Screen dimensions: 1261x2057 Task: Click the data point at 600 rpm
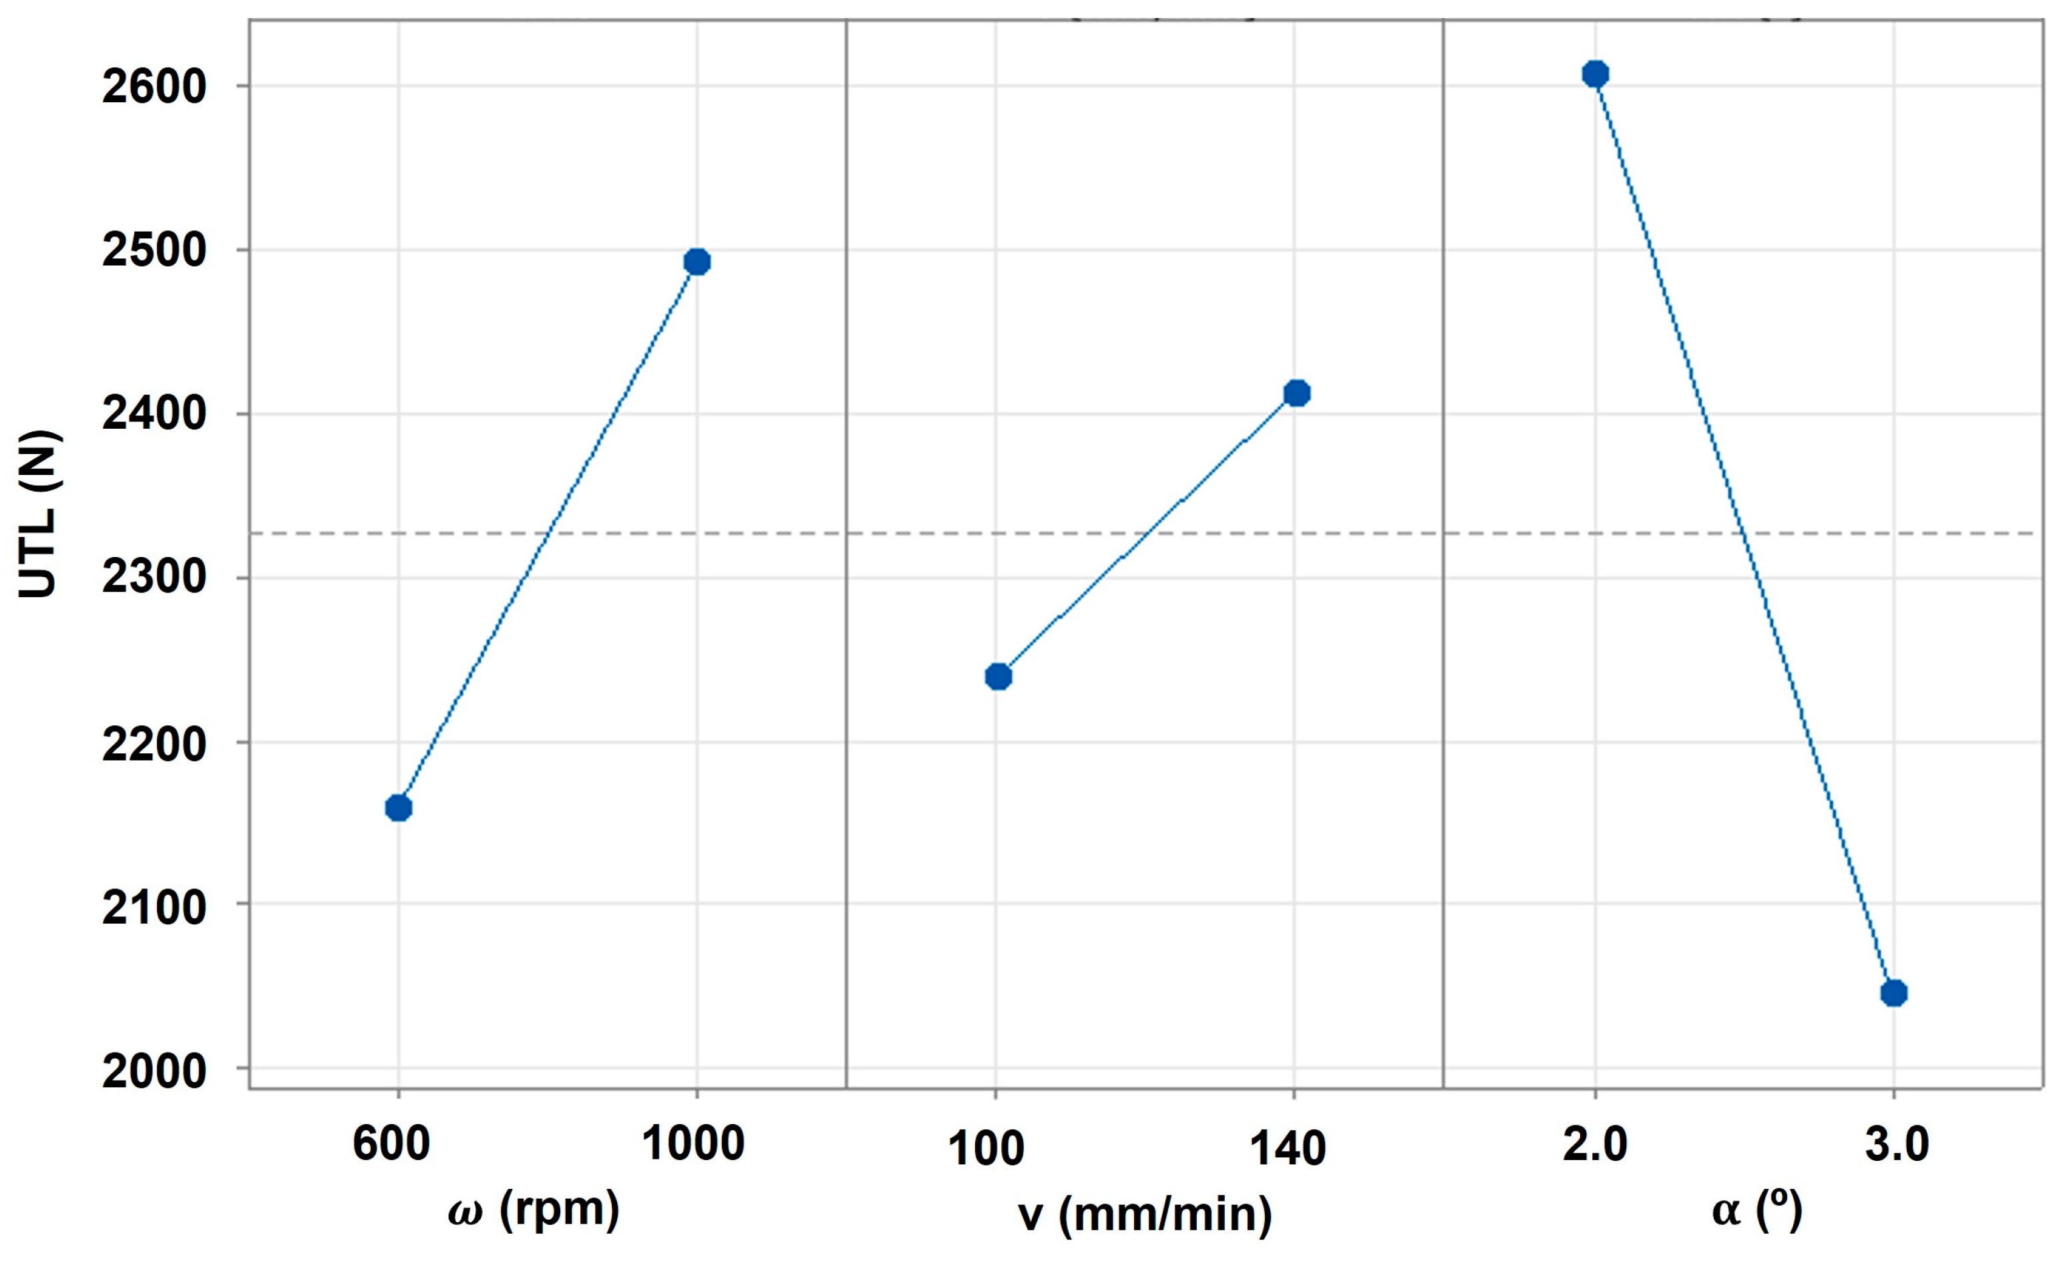(x=398, y=807)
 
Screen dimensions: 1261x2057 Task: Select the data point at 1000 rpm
(x=696, y=261)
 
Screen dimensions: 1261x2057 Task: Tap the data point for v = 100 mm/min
(x=998, y=676)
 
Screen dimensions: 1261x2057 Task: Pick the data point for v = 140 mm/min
(x=1296, y=393)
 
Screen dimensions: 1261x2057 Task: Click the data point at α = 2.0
(x=1595, y=73)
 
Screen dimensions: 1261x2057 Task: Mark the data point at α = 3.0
(x=1893, y=993)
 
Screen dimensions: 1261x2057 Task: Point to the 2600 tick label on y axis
(x=154, y=86)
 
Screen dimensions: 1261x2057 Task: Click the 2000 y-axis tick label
(x=154, y=1070)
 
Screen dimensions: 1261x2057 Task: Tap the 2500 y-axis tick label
(x=154, y=250)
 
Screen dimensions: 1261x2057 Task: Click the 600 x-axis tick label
(x=391, y=1143)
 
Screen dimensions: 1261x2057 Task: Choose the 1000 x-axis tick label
(x=692, y=1143)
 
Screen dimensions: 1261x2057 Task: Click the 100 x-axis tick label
(x=986, y=1148)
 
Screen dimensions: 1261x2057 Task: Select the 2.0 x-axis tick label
(x=1595, y=1143)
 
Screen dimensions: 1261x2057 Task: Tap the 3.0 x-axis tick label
(x=1897, y=1143)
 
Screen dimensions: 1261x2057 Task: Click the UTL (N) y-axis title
(x=39, y=514)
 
